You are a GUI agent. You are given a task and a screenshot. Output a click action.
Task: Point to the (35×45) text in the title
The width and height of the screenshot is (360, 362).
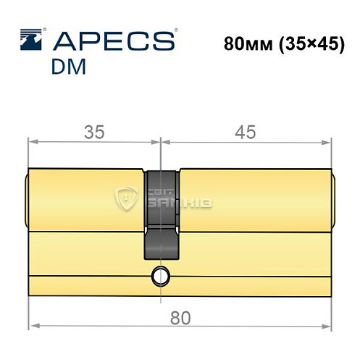click(x=307, y=42)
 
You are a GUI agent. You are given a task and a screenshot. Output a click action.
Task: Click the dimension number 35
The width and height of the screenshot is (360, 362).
click(x=93, y=132)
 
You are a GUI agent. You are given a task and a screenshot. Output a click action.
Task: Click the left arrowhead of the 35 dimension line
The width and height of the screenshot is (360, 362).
click(x=33, y=143)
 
